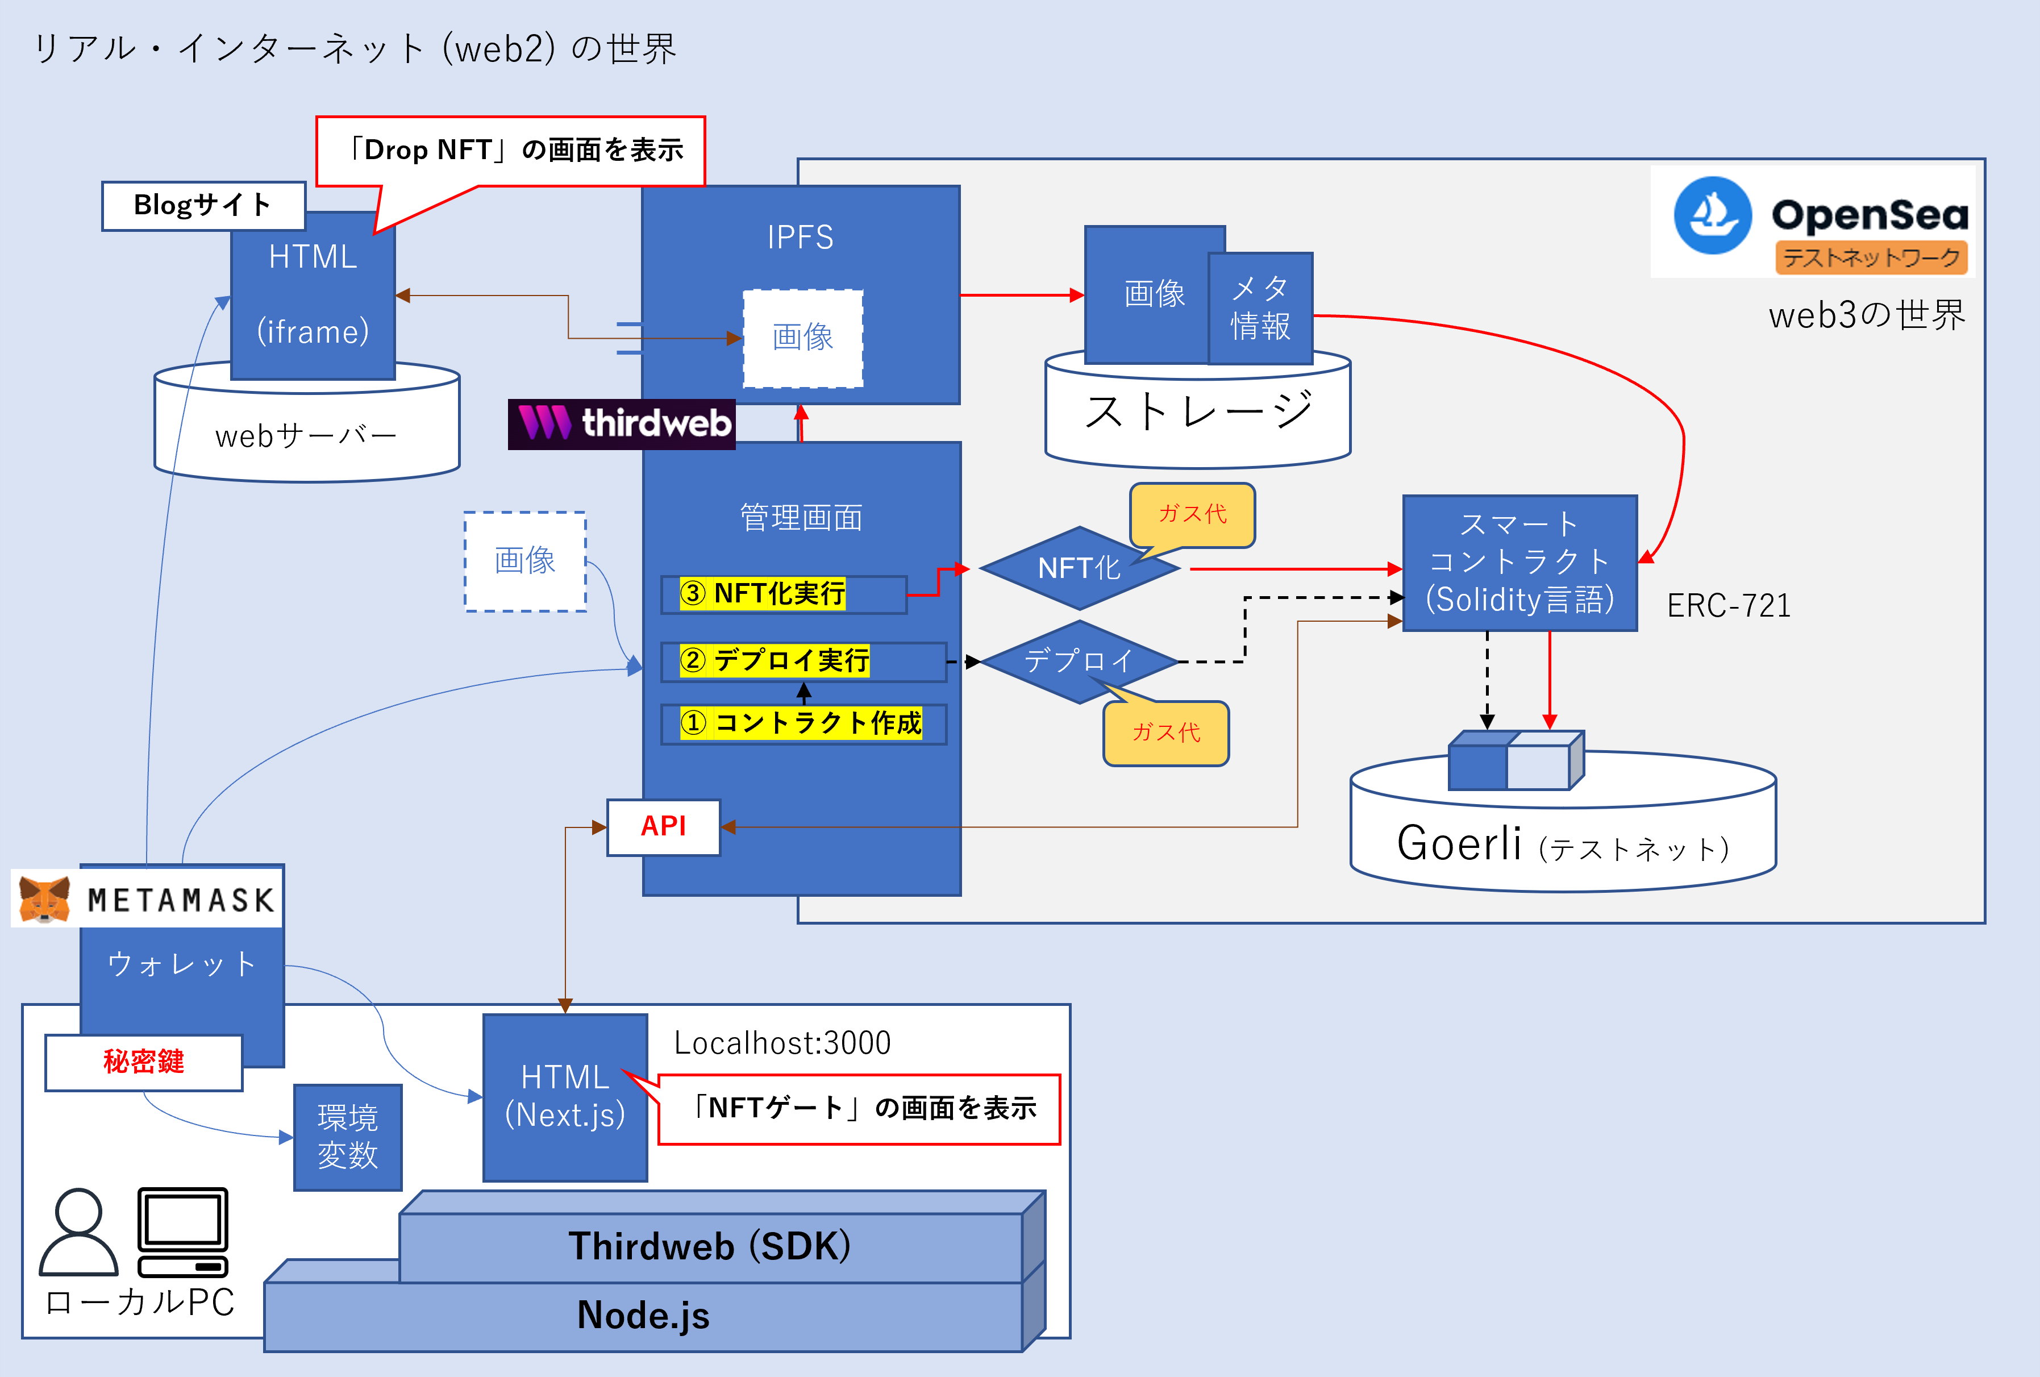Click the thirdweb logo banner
[622, 424]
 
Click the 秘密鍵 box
[144, 1062]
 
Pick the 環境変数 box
[348, 1137]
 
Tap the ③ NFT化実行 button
[783, 594]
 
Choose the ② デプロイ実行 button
[802, 661]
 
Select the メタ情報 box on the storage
[1260, 308]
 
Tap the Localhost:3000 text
[782, 1043]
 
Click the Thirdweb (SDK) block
[711, 1246]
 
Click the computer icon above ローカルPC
[182, 1232]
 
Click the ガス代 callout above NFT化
[1192, 514]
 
